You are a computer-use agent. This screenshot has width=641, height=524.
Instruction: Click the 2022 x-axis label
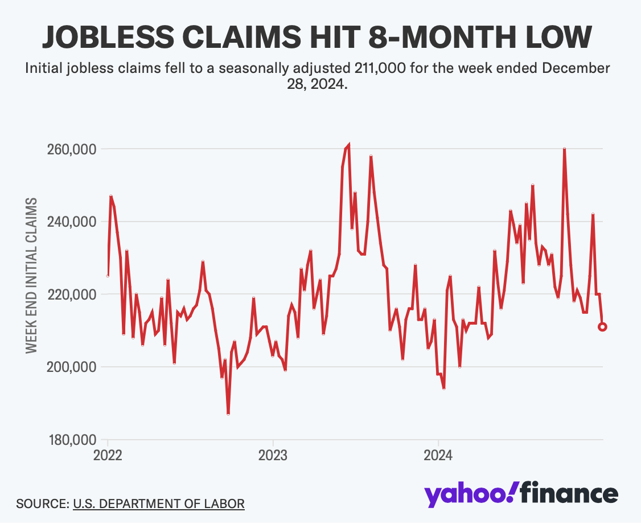pos(108,456)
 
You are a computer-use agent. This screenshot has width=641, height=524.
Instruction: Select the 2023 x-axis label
pos(273,456)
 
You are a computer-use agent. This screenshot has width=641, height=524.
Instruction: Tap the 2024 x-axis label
pos(438,456)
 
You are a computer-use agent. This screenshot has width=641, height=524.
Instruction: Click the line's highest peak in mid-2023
pos(348,145)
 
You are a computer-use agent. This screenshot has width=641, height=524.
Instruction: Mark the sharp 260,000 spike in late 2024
pos(564,149)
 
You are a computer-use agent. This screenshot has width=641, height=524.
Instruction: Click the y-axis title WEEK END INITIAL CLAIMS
pos(32,276)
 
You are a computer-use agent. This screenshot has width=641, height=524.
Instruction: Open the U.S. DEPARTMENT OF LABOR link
pos(159,503)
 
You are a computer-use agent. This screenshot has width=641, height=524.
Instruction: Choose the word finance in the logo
pos(569,493)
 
